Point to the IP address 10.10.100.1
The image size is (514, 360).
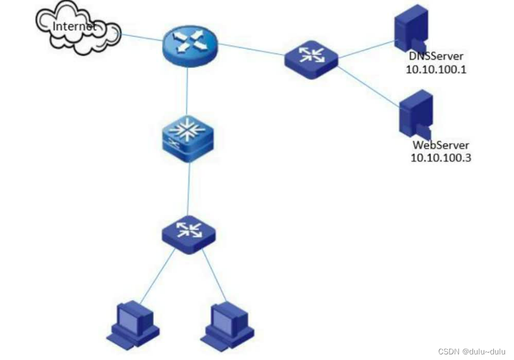(437, 70)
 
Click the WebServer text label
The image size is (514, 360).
(440, 146)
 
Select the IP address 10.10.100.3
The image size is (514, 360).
(440, 158)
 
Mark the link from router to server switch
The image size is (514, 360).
(253, 49)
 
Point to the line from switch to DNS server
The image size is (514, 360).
(365, 49)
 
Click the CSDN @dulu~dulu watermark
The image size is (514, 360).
(472, 352)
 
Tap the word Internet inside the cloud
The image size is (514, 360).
(73, 26)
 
